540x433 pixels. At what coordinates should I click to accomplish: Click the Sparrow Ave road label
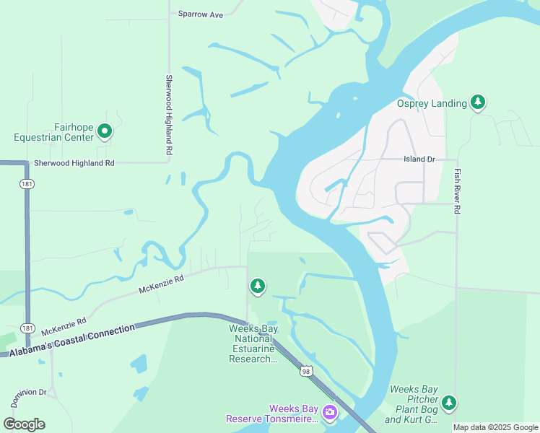click(201, 14)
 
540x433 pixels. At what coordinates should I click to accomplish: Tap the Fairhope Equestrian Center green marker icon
click(105, 131)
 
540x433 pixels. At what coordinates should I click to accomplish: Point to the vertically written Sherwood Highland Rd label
click(169, 115)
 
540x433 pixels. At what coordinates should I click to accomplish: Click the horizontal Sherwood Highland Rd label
click(70, 164)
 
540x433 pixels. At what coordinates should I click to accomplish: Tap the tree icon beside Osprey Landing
click(477, 103)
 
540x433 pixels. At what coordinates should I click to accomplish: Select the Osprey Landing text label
click(432, 104)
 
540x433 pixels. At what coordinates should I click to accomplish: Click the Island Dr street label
click(419, 159)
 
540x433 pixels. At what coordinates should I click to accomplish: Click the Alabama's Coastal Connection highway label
click(72, 340)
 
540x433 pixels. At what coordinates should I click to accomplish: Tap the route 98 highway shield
click(306, 371)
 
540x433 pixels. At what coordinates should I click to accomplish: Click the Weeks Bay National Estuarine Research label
click(253, 344)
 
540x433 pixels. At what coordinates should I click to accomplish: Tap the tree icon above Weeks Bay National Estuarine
click(257, 287)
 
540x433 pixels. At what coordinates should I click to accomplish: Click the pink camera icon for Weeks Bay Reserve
click(329, 413)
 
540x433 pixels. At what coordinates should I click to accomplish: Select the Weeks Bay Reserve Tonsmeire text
click(272, 414)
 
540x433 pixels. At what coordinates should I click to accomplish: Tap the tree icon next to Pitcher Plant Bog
click(449, 402)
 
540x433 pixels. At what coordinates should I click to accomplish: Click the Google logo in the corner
click(24, 424)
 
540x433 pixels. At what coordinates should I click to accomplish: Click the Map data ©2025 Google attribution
click(495, 427)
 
